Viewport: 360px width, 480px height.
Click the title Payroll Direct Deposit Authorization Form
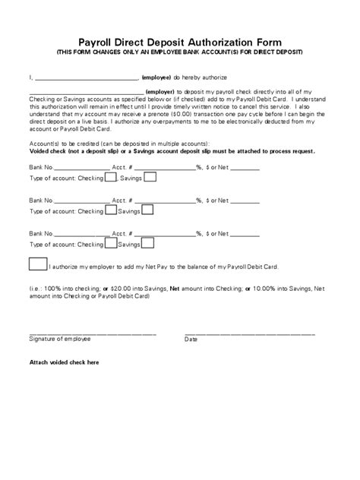[x=179, y=43]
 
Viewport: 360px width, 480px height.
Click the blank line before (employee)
[x=85, y=78]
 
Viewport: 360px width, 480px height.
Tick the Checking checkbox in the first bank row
[x=111, y=178]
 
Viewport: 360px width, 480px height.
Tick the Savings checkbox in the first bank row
[x=150, y=178]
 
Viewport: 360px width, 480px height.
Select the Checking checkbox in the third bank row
[x=111, y=244]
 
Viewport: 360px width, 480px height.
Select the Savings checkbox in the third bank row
[x=150, y=244]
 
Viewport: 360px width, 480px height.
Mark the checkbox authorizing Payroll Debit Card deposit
[x=36, y=265]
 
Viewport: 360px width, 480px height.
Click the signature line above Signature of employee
[x=93, y=334]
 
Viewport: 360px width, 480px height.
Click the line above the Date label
[x=249, y=334]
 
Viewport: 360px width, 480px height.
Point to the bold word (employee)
[x=156, y=77]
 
